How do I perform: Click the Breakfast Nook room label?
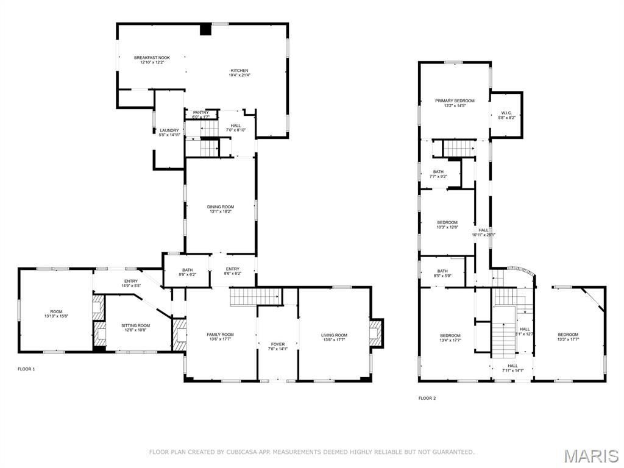[152, 58]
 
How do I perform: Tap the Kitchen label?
[239, 71]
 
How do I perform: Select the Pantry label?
[200, 113]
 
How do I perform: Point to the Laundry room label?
[169, 130]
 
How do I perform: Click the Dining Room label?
[221, 207]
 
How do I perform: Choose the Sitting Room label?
[136, 326]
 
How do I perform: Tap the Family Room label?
[220, 335]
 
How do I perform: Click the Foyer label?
[277, 344]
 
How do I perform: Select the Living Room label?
[334, 335]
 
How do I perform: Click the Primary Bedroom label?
[454, 101]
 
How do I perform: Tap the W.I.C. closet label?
[506, 113]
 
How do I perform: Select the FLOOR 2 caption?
[427, 398]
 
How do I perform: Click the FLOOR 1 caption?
[26, 369]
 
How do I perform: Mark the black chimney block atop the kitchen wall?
[206, 29]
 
